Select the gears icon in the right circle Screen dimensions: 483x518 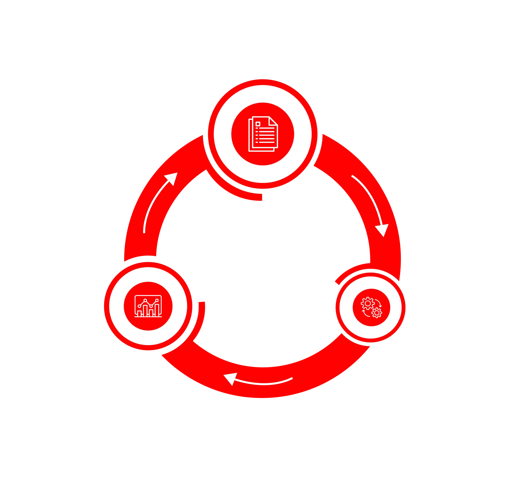pos(371,307)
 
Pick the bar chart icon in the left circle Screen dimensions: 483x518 pos(148,306)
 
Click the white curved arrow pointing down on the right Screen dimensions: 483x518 pos(371,203)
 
